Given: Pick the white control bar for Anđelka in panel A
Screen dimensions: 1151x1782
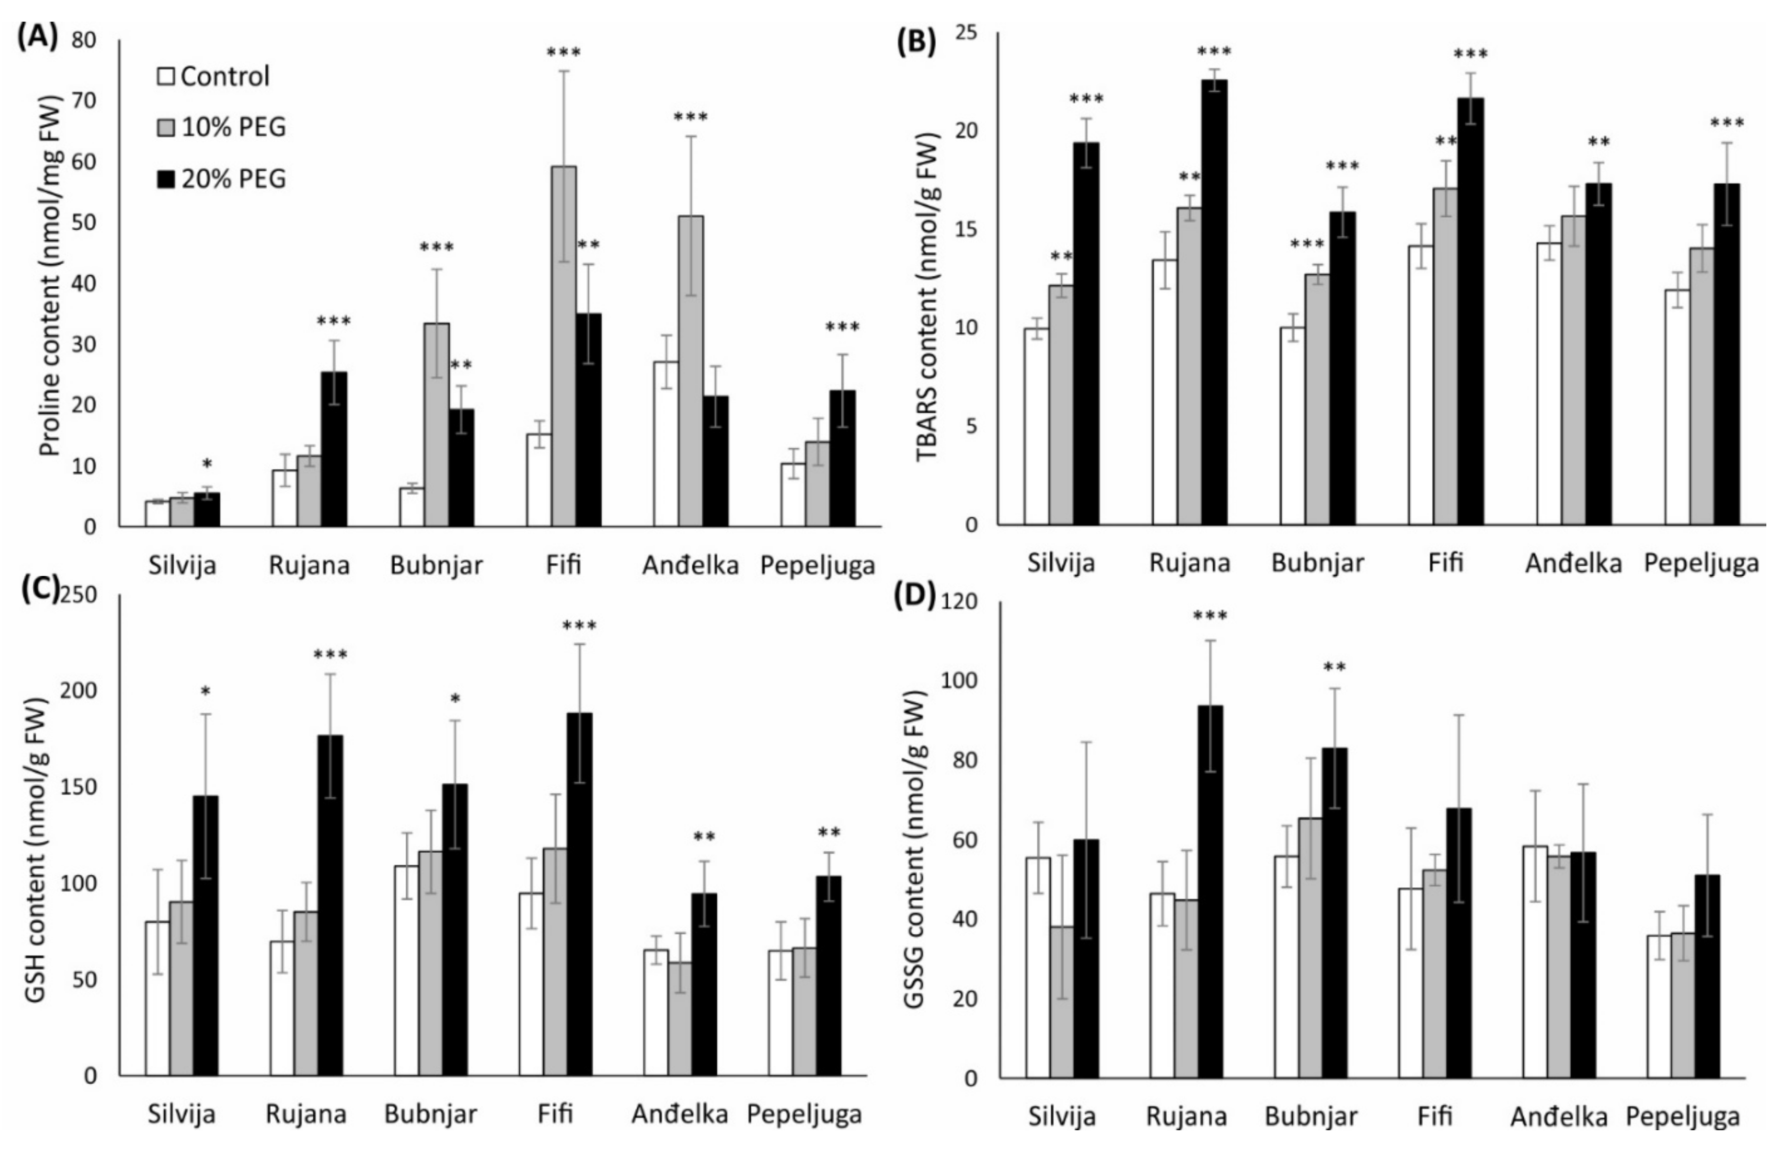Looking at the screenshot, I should tap(666, 444).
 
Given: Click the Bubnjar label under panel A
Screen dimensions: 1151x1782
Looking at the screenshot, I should tap(437, 566).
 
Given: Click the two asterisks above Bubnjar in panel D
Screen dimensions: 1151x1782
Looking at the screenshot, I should tap(1334, 667).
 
